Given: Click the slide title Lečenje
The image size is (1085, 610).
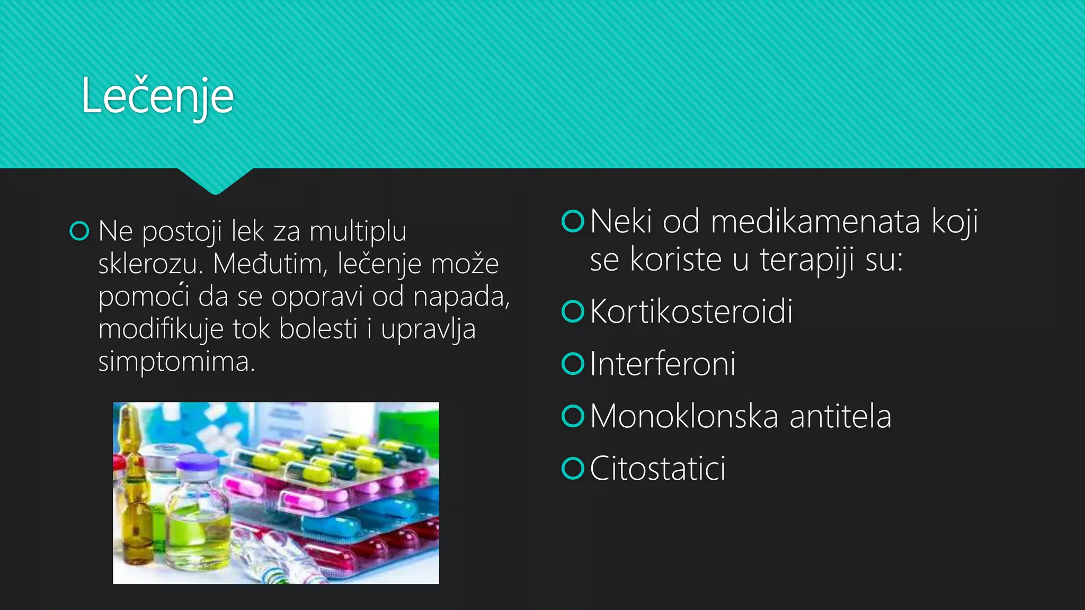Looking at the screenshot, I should click(x=157, y=96).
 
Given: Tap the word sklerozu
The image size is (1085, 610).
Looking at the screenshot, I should click(x=150, y=264).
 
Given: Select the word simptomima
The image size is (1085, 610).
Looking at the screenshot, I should click(x=176, y=362).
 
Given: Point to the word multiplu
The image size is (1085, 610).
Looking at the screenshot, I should click(x=358, y=231).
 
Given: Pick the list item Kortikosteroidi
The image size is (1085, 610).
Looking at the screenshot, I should click(x=691, y=311).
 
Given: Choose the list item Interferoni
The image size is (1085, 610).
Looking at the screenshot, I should click(x=662, y=364).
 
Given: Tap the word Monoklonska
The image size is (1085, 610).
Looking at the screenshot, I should click(x=684, y=416).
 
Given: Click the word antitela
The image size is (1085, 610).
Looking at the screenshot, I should click(x=840, y=416).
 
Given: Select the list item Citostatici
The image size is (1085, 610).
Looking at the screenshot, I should click(x=657, y=469).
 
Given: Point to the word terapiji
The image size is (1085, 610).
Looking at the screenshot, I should click(x=806, y=260).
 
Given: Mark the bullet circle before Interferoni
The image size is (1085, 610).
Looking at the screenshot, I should click(x=573, y=364).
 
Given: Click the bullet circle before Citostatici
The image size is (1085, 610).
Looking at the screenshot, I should click(x=573, y=469).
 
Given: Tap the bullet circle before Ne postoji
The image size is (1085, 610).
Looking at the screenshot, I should click(x=79, y=231).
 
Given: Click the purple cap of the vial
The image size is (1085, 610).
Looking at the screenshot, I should click(x=197, y=463).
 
